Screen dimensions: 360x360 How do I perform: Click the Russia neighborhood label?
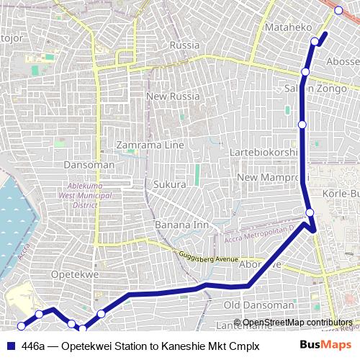pos(184,45)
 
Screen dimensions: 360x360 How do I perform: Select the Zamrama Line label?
pos(150,145)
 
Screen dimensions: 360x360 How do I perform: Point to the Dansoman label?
pos(89,165)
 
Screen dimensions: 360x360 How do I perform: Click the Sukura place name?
pos(170,184)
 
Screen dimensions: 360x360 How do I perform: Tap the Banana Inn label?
pos(181,225)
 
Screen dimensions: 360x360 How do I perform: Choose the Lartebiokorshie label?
pos(263,153)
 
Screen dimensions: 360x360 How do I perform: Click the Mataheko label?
pos(288,27)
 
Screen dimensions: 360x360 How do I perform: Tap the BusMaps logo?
pos(325,346)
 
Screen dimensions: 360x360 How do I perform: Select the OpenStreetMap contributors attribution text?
pos(297,323)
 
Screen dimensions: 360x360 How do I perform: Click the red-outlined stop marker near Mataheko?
pos(338,10)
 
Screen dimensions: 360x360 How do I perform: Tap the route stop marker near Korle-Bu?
pos(310,212)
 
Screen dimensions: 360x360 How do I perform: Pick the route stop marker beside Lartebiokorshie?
pos(302,125)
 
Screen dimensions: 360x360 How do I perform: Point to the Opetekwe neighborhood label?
pos(74,274)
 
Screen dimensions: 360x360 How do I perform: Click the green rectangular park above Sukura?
pos(197,174)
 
